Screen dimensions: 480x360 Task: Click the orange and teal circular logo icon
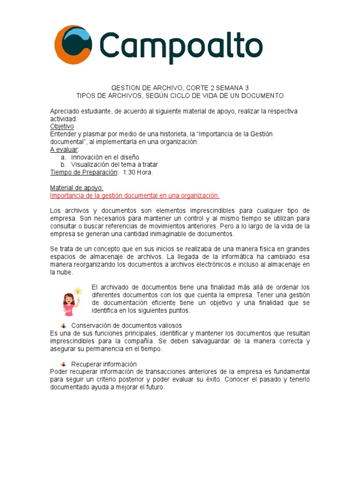coord(73,45)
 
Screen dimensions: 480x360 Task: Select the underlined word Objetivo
coord(62,126)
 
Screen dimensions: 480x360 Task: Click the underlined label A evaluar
coord(64,149)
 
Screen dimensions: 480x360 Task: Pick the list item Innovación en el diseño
coord(105,157)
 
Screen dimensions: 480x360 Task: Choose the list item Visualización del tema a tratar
coord(114,165)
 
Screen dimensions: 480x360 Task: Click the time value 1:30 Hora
coord(138,172)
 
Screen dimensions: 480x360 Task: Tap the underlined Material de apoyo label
coord(76,187)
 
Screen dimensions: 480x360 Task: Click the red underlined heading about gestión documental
coord(135,195)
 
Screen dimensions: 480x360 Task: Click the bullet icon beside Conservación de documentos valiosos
coord(63,325)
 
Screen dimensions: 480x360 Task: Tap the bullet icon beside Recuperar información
coord(63,364)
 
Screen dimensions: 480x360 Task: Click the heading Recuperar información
coord(104,364)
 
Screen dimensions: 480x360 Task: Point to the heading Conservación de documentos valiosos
coord(126,325)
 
